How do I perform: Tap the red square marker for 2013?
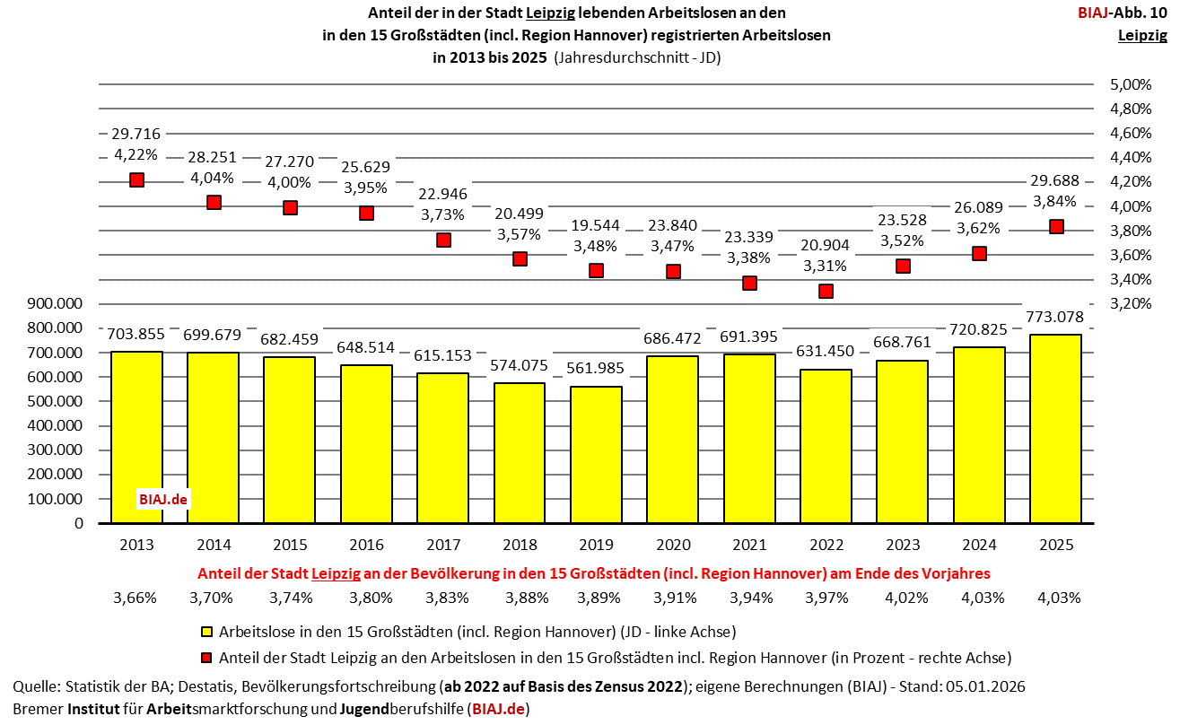pos(136,179)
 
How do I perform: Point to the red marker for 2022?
pos(826,291)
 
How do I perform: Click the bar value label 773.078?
pos(1054,317)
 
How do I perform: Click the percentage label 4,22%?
pos(136,155)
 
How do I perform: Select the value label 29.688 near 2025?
pos(1055,179)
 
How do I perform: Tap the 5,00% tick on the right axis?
pos(1131,85)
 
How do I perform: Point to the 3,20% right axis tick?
pos(1131,303)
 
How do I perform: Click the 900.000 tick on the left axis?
pos(56,303)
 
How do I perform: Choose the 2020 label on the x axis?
pos(672,545)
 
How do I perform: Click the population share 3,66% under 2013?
pos(136,598)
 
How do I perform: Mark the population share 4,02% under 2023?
pos(903,598)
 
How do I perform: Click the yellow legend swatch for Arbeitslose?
pos(205,631)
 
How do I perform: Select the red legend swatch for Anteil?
pos(205,657)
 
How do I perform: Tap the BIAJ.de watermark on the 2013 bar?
pos(162,499)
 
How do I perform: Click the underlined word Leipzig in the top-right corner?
pos(1142,36)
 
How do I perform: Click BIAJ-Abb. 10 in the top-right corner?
pos(1122,13)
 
